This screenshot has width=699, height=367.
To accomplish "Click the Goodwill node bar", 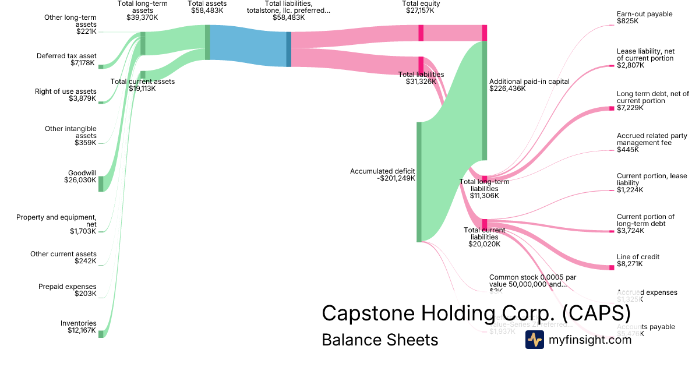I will tap(100, 183).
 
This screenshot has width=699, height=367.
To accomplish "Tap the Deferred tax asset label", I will tap(66, 59).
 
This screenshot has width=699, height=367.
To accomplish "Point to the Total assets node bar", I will tap(207, 42).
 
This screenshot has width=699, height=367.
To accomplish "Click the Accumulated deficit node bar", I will tap(418, 182).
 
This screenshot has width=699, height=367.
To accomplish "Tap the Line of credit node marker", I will tap(612, 267).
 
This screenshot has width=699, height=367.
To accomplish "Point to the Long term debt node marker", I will tap(612, 108).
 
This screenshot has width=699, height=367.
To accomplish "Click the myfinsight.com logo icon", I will tap(535, 340).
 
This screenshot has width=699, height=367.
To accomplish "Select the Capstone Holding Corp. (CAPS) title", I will tap(476, 313).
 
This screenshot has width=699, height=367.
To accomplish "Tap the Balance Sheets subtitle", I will tap(380, 340).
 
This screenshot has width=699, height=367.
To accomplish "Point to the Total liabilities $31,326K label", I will tap(421, 78).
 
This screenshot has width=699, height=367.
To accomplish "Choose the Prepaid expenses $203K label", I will tap(68, 290).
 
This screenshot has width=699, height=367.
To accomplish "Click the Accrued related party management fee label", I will tap(652, 143).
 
